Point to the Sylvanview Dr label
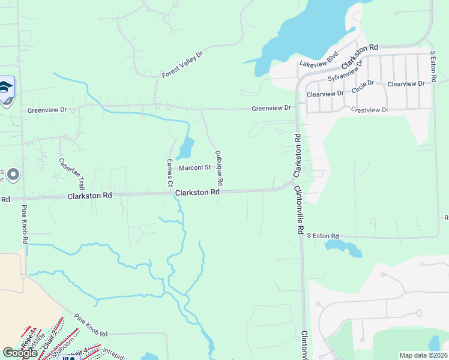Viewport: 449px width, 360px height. (346, 71)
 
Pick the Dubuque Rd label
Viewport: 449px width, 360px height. (218, 167)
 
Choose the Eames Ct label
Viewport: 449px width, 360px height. (170, 171)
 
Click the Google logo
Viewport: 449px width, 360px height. (20, 353)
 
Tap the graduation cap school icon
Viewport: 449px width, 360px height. (6, 88)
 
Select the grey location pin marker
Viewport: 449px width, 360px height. (14, 175)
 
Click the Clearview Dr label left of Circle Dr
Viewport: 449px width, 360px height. (325, 94)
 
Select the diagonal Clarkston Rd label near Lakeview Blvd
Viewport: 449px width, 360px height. (360, 56)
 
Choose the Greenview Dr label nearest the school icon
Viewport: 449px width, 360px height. (47, 110)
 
